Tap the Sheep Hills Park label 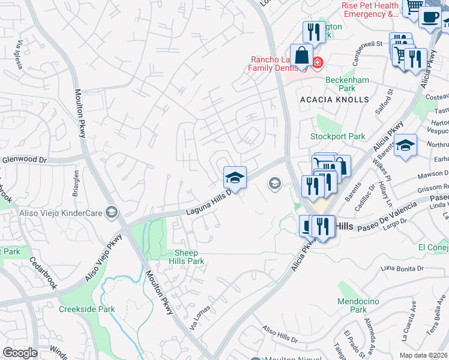point(189,257)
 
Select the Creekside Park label point(86,310)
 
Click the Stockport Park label point(337,136)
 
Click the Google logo point(19,353)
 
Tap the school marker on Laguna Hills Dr point(235,178)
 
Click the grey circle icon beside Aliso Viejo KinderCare point(111,212)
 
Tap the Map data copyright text point(423,355)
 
